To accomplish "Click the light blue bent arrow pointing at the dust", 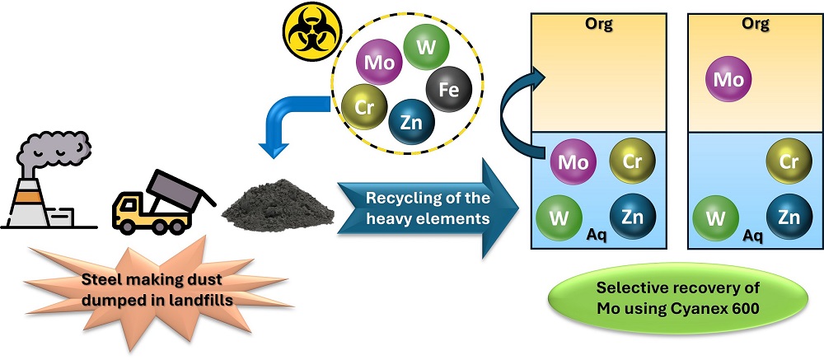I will coord(288,120).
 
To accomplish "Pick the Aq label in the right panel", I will coord(753,236).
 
